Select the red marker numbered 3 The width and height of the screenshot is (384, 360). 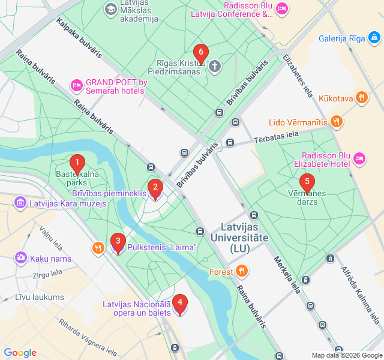pos(118,242)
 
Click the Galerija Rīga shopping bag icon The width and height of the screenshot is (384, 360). pos(374,38)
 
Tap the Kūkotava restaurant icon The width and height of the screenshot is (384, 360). pos(361,98)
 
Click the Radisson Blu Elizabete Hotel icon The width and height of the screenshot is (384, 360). pos(359,158)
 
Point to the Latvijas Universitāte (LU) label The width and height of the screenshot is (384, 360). pos(245,238)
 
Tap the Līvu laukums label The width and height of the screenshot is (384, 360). pos(40,297)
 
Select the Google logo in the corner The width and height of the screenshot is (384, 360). pos(20,353)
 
